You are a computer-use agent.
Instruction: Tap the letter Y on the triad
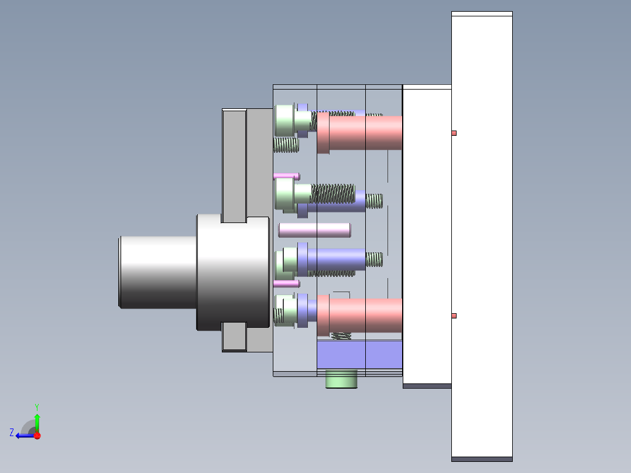[37, 407]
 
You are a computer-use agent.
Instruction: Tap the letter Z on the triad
[12, 433]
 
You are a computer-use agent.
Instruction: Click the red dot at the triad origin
[37, 436]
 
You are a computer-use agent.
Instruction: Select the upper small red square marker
[454, 133]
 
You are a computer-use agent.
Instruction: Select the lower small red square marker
[454, 316]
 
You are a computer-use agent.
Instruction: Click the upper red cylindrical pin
[359, 133]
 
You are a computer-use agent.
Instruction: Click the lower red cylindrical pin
[359, 315]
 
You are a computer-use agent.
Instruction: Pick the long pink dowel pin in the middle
[315, 230]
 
